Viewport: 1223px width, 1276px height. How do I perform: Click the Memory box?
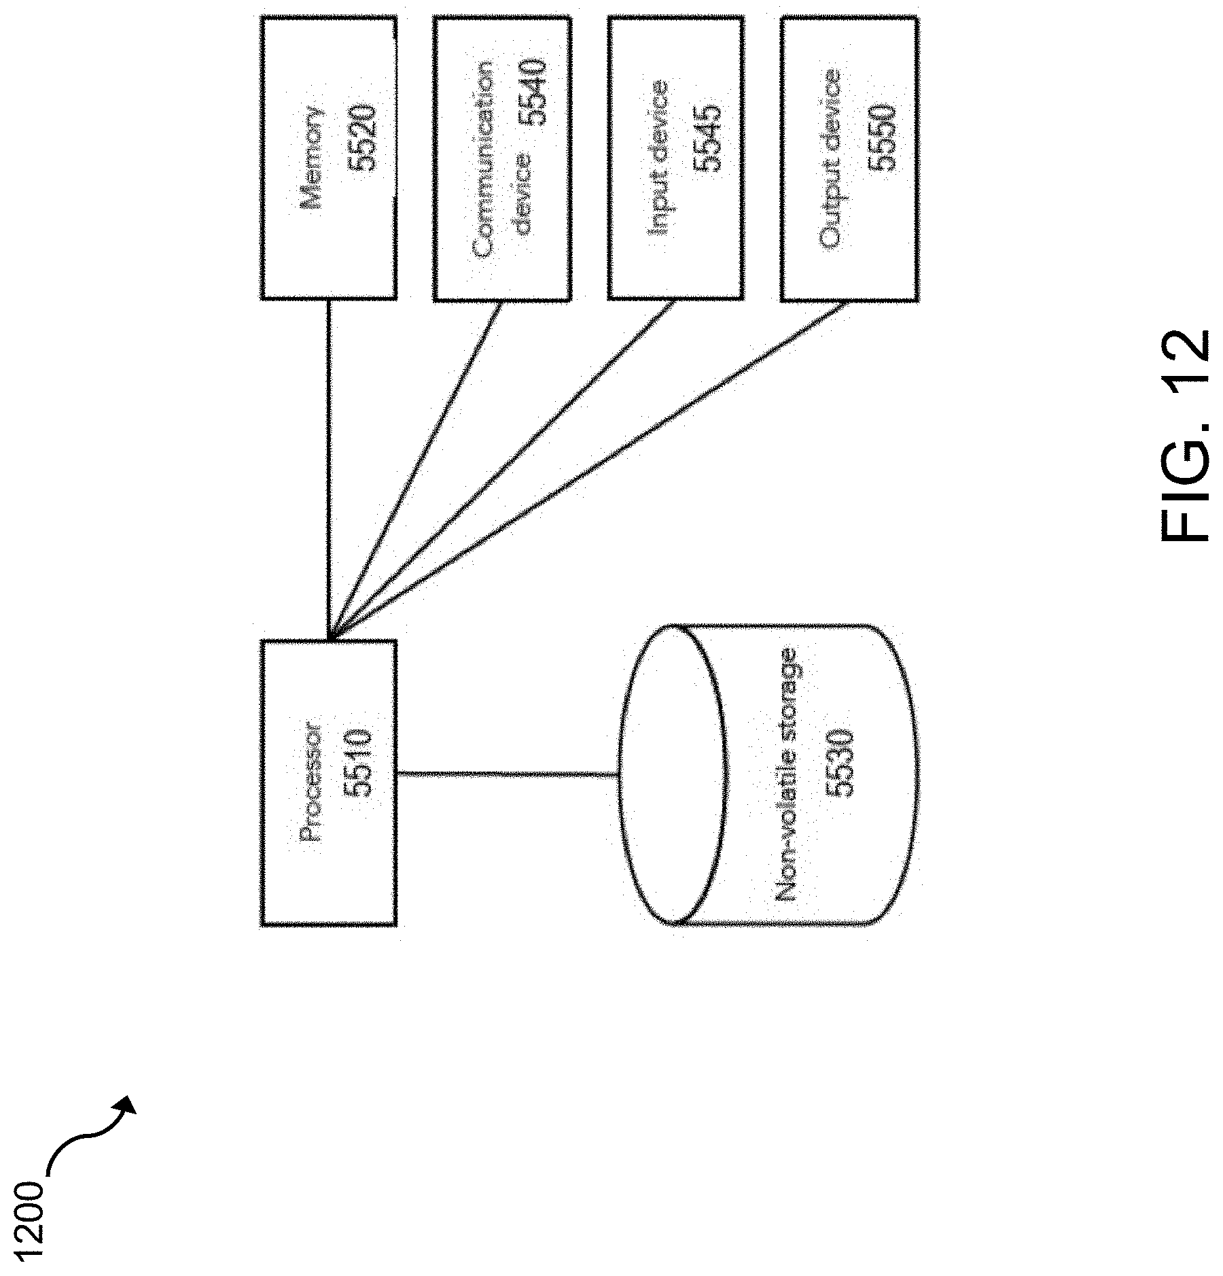[x=328, y=158]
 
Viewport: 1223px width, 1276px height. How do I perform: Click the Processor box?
[x=328, y=782]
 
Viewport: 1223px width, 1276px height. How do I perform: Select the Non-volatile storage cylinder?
[x=768, y=775]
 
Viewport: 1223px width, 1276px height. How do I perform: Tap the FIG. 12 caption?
[x=1184, y=435]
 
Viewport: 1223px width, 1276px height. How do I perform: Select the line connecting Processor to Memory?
[x=328, y=469]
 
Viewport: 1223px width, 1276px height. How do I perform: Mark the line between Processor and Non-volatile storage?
[x=506, y=774]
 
